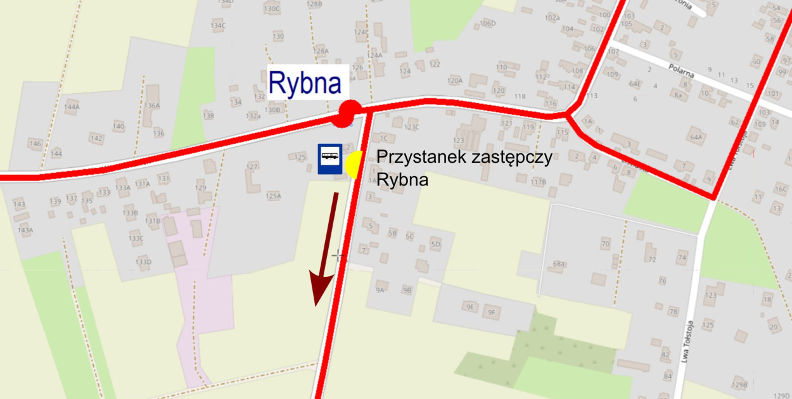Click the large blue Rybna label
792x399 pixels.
306,83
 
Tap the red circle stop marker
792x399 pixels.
347,113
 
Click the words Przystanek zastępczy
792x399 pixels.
464,157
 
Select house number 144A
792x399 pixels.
72,107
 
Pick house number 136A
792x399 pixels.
152,106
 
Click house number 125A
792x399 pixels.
273,196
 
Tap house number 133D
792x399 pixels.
143,262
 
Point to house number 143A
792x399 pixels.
25,230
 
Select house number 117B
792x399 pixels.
538,182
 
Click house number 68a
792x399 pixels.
558,263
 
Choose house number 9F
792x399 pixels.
491,312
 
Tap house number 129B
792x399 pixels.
739,385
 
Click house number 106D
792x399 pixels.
487,23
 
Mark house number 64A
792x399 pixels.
696,137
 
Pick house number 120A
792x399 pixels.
455,81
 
